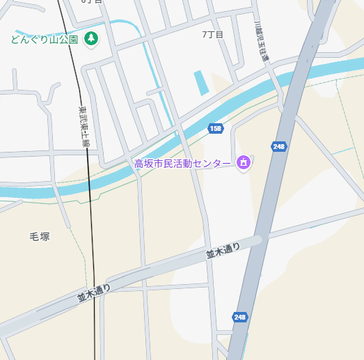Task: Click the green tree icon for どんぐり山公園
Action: tap(90, 38)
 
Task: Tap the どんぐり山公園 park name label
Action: tap(44, 39)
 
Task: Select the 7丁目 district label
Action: tap(212, 34)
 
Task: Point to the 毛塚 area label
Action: tap(40, 236)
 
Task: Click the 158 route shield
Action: tap(216, 129)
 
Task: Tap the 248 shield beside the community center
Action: tap(280, 146)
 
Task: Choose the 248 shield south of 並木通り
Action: tap(240, 317)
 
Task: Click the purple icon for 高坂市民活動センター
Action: tap(243, 163)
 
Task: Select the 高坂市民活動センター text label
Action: tap(182, 164)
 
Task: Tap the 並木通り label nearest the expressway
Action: tap(223, 251)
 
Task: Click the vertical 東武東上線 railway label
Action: tap(83, 126)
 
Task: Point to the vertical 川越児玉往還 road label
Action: tap(261, 42)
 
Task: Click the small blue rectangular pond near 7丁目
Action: tap(201, 83)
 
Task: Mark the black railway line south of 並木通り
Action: tap(94, 327)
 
